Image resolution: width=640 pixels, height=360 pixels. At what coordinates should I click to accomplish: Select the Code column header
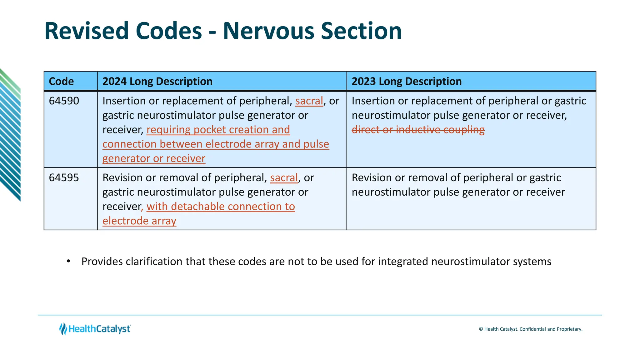(x=62, y=81)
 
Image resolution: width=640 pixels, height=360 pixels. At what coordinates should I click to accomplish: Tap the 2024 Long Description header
(x=157, y=81)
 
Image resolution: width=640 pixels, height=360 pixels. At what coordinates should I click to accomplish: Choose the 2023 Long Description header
(x=407, y=81)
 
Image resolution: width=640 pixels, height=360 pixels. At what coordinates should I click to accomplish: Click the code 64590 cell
(x=64, y=101)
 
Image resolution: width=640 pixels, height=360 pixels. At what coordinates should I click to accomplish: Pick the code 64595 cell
(x=64, y=178)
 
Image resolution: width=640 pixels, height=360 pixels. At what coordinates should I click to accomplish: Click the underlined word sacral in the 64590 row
(x=309, y=101)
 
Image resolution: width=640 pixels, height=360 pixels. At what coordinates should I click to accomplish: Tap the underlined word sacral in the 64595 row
(x=284, y=178)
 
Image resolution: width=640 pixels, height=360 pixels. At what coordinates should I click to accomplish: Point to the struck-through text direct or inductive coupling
(x=418, y=130)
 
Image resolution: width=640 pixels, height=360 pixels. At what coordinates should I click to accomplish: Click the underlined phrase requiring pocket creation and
(x=218, y=130)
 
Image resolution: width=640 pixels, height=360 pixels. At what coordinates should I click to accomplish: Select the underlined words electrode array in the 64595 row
(x=139, y=221)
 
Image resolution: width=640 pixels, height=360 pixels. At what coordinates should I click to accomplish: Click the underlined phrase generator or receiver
(x=154, y=158)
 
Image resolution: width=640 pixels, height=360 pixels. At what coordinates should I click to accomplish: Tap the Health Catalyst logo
(x=95, y=329)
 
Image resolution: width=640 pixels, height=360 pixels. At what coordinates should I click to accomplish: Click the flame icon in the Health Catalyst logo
(x=63, y=329)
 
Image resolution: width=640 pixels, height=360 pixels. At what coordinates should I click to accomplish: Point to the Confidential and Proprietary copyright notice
(x=531, y=329)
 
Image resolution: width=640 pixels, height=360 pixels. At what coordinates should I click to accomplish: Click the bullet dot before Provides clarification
(x=68, y=261)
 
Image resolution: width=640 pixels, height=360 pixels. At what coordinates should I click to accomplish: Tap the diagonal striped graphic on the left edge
(x=10, y=134)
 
